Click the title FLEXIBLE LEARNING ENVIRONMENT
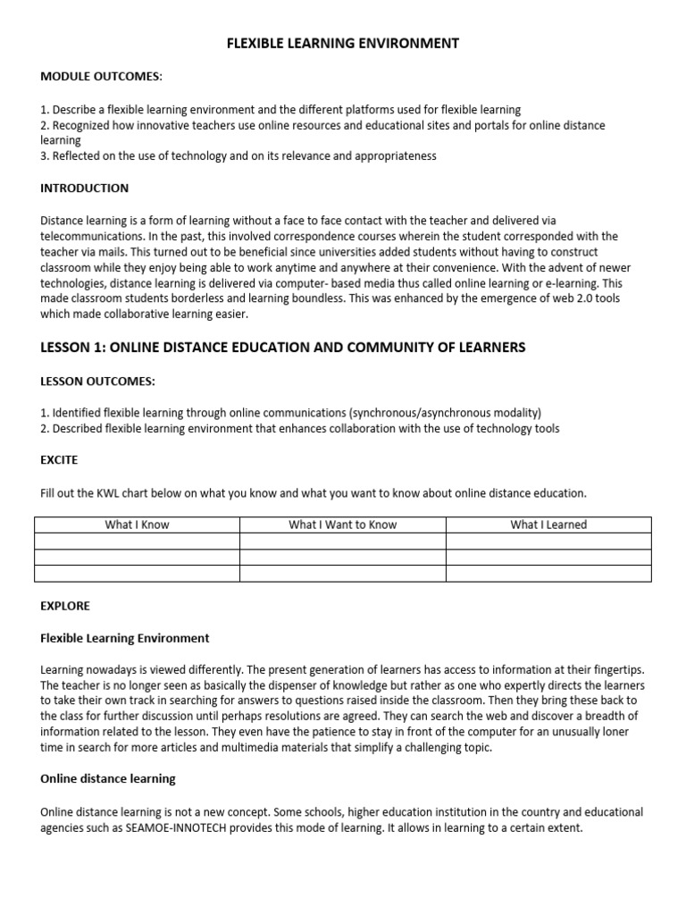pyautogui.click(x=342, y=43)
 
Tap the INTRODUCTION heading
pyautogui.click(x=85, y=189)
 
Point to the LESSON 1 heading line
pyautogui.click(x=283, y=348)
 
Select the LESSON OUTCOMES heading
pyautogui.click(x=97, y=381)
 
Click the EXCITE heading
pyautogui.click(x=59, y=460)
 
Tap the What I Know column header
pyautogui.click(x=137, y=525)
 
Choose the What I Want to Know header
pyautogui.click(x=342, y=525)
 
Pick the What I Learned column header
pyautogui.click(x=548, y=525)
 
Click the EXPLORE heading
pyautogui.click(x=65, y=606)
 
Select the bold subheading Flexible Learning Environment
pyautogui.click(x=125, y=638)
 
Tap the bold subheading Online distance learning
pyautogui.click(x=108, y=779)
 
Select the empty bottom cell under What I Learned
pyautogui.click(x=548, y=574)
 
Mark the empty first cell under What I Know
pyautogui.click(x=137, y=541)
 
